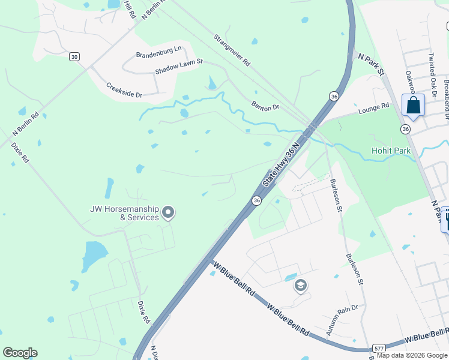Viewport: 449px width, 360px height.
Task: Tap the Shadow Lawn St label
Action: pos(179,66)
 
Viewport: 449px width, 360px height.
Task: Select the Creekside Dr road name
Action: pos(124,91)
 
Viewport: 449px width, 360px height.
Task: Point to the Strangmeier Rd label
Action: pos(232,50)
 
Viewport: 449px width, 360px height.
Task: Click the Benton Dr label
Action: pos(265,107)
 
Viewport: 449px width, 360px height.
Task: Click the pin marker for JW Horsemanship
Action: pos(169,212)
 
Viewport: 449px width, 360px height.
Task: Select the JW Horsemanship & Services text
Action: pos(122,213)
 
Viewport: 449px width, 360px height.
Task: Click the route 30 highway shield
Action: pos(74,56)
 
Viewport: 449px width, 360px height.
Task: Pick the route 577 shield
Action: pos(378,348)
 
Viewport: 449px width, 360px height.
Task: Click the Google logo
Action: pos(20,353)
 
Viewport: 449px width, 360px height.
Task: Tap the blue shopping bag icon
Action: pos(413,105)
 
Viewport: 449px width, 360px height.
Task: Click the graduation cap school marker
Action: pos(301,286)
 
